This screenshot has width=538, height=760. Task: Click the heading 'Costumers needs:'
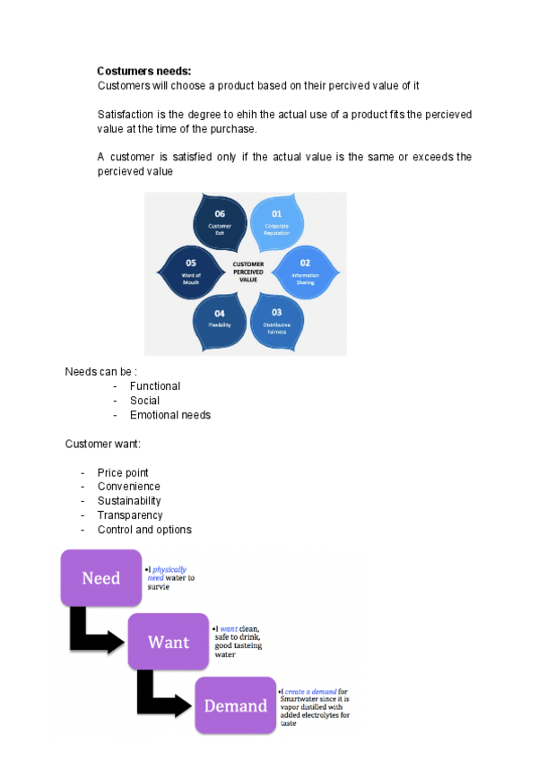coord(143,71)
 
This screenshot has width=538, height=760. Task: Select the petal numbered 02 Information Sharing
coord(305,271)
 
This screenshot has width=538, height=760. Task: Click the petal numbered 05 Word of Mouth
coord(191,271)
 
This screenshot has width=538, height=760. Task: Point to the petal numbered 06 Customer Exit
coord(220,220)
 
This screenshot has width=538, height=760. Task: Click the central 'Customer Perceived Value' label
coord(248,271)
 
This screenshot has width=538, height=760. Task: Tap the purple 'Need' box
coord(101,578)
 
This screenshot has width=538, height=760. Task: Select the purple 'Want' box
coord(168,642)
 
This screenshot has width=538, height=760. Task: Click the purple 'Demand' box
coord(235,705)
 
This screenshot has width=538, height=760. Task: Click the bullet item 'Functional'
coord(154,386)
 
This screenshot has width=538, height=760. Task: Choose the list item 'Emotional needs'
coord(170,415)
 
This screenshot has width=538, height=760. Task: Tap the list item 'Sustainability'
coord(129,501)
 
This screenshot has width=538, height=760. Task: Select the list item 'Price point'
coord(123,472)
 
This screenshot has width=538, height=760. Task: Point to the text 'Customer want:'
coord(102,444)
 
